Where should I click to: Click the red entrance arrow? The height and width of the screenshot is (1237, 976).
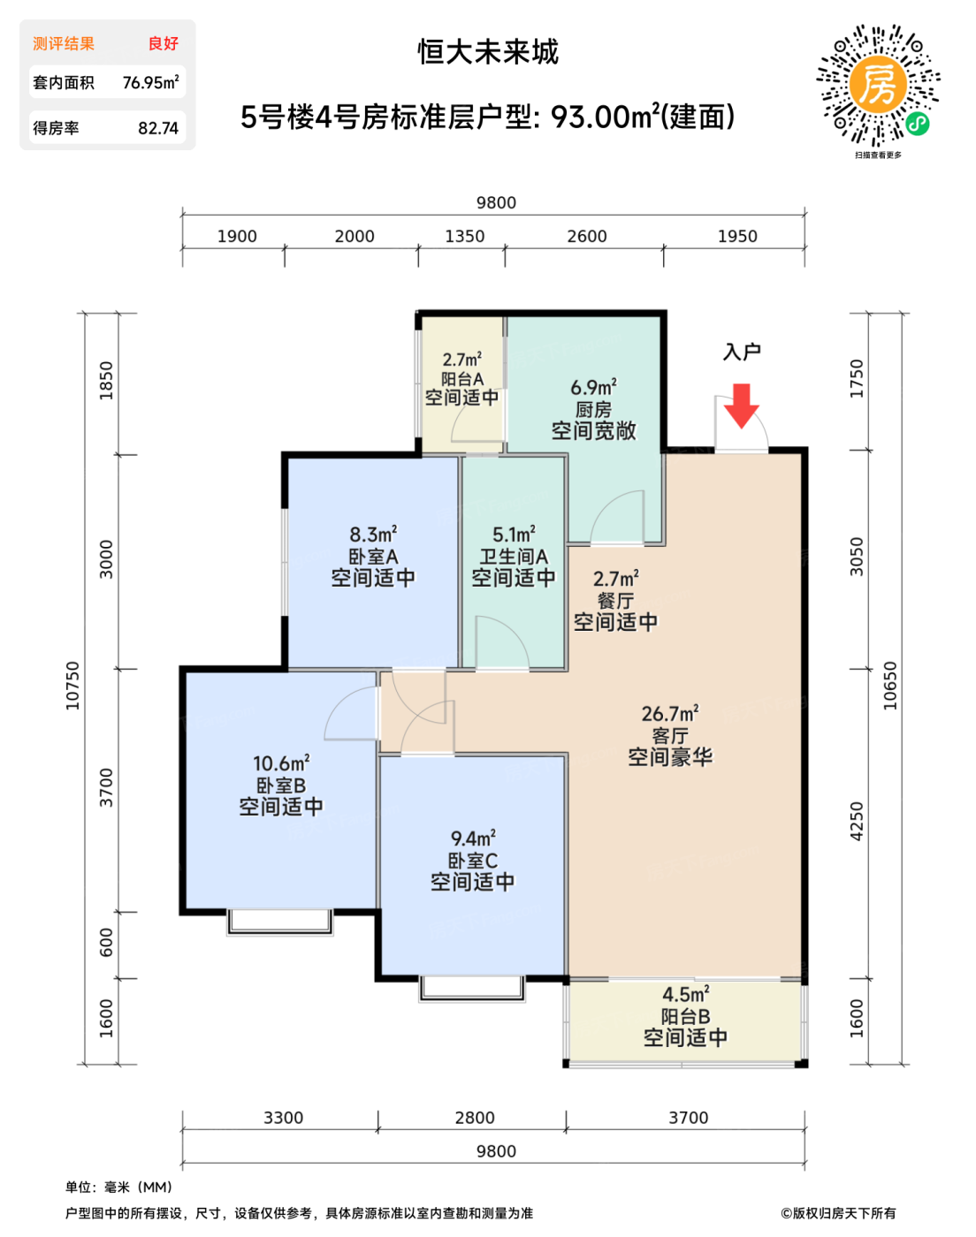[741, 406]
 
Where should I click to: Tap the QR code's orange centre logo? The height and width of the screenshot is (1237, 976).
[878, 86]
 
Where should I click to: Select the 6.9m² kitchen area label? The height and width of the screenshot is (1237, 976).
[593, 387]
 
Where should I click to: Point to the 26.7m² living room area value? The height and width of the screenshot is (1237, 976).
[670, 713]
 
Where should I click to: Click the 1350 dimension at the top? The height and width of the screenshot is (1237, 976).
[465, 236]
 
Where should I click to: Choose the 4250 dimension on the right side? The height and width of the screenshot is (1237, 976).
[857, 822]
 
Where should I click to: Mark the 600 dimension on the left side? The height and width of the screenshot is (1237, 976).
[106, 943]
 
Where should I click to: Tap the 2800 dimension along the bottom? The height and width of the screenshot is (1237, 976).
[475, 1118]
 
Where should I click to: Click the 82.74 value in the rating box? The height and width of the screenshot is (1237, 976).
[158, 128]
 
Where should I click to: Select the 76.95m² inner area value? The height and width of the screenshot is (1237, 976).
[150, 82]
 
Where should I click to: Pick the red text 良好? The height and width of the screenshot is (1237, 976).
[164, 43]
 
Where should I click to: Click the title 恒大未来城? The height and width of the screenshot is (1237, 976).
[488, 52]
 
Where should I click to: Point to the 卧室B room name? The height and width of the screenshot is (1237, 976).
[280, 785]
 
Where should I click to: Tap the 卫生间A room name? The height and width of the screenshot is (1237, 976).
[514, 557]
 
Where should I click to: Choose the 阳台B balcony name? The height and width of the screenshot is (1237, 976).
[685, 1016]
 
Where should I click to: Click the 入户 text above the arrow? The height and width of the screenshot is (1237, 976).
[742, 352]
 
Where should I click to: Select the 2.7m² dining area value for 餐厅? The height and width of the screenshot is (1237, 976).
[615, 578]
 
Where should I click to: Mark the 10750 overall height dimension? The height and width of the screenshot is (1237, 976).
[72, 686]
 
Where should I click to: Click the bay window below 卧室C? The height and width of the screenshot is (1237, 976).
[471, 988]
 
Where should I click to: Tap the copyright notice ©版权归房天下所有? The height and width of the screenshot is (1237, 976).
[838, 1213]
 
